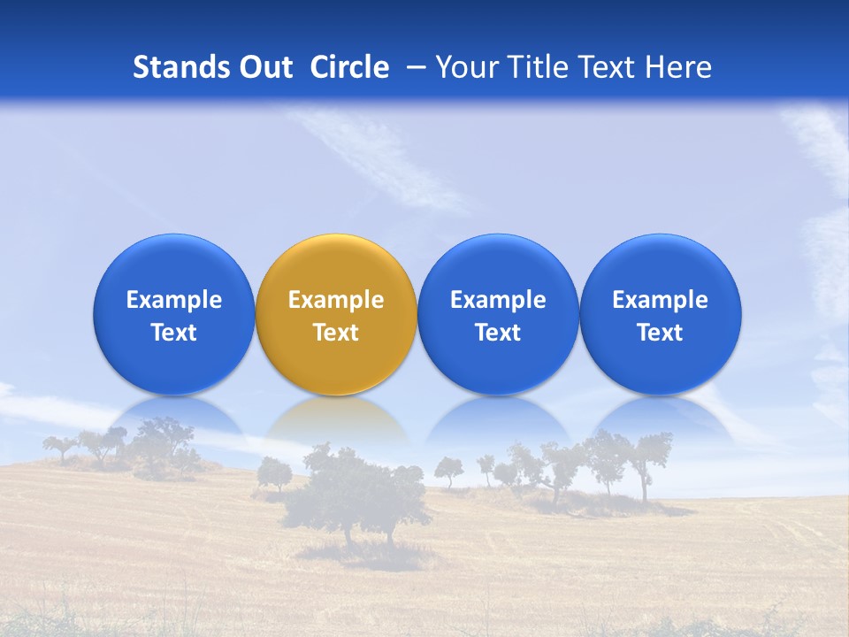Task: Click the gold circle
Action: click(x=336, y=314)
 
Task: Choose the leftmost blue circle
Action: click(x=174, y=314)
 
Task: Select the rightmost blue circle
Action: click(x=661, y=314)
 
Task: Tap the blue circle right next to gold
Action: click(x=498, y=314)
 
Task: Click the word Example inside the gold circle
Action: click(x=336, y=300)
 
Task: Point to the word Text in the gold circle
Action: click(x=336, y=333)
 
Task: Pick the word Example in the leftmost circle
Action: click(x=174, y=300)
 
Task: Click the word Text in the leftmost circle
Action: click(x=174, y=333)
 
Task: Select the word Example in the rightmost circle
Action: click(x=661, y=300)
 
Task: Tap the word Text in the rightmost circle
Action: click(x=661, y=333)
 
